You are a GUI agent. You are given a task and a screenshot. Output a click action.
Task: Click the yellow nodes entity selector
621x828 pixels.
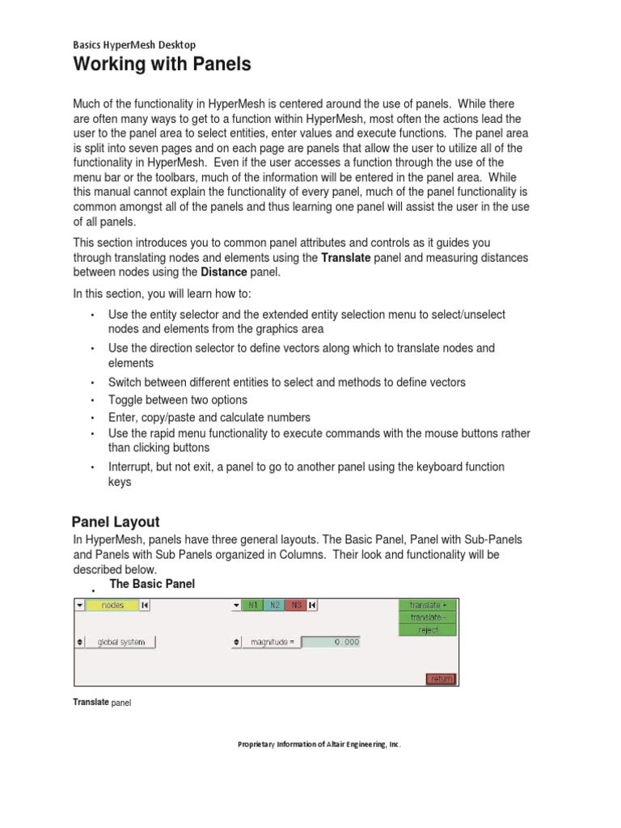pos(112,605)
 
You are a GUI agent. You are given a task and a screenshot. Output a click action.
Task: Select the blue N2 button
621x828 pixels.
pos(274,605)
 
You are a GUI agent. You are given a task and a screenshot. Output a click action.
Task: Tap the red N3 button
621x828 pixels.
pos(295,605)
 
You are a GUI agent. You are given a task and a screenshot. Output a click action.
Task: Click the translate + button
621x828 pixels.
pos(428,605)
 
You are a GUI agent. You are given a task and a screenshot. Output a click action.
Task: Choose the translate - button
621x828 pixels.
pos(428,617)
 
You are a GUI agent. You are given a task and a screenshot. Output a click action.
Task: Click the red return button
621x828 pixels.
pos(441,678)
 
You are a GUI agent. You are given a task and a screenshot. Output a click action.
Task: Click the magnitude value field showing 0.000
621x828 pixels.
pos(331,642)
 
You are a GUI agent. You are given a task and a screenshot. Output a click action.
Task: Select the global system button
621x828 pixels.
pos(121,642)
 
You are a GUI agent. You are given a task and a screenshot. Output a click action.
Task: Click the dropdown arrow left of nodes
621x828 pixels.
pos(79,605)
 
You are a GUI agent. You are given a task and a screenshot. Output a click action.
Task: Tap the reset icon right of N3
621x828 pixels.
pos(312,605)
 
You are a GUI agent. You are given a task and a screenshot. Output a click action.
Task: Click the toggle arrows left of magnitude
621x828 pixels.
pos(236,642)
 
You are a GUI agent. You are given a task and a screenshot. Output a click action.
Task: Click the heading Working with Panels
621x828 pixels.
pos(162,65)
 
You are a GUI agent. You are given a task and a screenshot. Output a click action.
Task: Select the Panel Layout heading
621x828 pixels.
pos(116,522)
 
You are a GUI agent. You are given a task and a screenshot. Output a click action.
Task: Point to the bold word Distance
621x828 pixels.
pos(223,272)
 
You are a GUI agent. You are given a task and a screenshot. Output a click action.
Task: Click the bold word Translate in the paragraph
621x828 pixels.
pos(345,258)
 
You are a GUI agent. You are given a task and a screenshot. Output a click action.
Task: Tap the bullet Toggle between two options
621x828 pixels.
pos(178,399)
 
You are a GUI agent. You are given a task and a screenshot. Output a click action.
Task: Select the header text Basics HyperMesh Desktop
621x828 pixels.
pos(134,44)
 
